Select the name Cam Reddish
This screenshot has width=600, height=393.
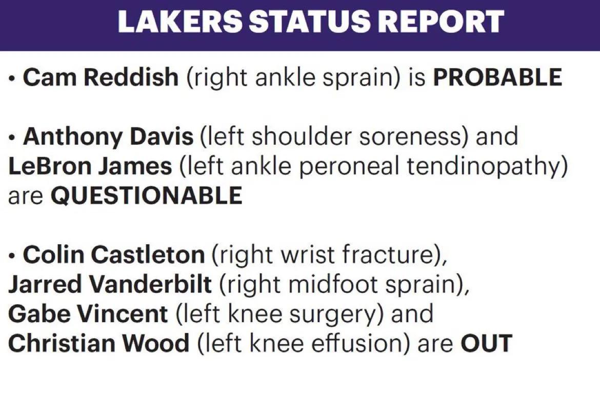(x=101, y=76)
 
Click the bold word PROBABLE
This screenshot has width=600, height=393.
(x=497, y=77)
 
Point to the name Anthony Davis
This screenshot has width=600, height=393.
(x=108, y=136)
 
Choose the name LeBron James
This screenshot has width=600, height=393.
(x=90, y=166)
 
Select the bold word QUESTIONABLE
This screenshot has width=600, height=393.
(x=147, y=195)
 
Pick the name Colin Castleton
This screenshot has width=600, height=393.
(x=114, y=254)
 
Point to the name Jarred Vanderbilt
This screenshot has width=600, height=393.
(x=110, y=284)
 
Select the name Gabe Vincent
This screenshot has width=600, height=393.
(x=88, y=314)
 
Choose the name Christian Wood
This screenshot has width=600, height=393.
(x=99, y=343)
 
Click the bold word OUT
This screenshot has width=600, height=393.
(x=486, y=343)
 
